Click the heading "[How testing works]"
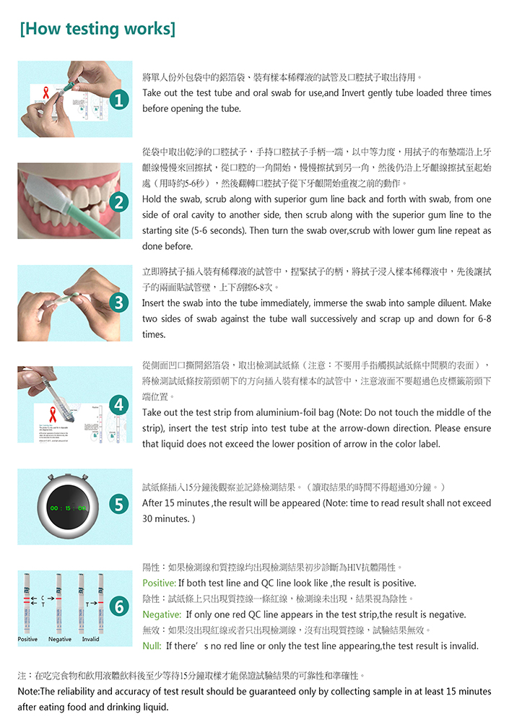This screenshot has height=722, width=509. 97,29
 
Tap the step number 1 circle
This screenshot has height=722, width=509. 119,100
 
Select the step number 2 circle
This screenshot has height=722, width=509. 119,201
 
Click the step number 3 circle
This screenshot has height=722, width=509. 119,303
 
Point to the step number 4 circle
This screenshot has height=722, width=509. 119,405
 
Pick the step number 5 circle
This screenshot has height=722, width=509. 119,505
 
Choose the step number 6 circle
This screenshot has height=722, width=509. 119,606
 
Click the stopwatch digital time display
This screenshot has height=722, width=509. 68,508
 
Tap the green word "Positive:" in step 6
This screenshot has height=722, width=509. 160,583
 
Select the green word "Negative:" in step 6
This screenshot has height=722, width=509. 162,614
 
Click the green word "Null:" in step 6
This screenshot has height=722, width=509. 152,646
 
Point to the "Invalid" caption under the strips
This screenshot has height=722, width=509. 91,639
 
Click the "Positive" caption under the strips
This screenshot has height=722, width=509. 27,639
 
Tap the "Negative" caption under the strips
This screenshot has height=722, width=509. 60,639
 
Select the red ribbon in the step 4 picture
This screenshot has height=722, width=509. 53,414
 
